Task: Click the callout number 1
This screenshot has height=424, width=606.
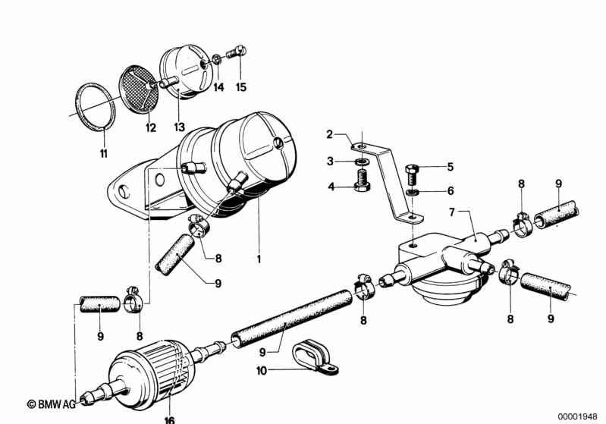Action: pos(259,258)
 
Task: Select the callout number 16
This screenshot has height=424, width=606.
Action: pos(170,419)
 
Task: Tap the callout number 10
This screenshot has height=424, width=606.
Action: pos(262,371)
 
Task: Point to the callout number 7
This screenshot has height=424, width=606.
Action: pos(452,212)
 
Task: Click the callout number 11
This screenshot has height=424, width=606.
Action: pos(104,153)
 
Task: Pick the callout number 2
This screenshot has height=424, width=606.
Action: pos(329,134)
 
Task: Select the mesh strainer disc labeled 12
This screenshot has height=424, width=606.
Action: pos(139,89)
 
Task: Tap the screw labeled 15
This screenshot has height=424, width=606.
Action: pos(236,52)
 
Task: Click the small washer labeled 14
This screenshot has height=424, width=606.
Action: pos(217,60)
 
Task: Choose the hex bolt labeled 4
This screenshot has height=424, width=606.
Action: pos(362,181)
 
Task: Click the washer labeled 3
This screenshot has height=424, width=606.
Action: pos(361,161)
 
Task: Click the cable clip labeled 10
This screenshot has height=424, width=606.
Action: pos(315,356)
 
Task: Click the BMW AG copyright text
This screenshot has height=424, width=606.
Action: pos(52,404)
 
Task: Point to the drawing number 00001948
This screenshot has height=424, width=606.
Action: pos(578,416)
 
